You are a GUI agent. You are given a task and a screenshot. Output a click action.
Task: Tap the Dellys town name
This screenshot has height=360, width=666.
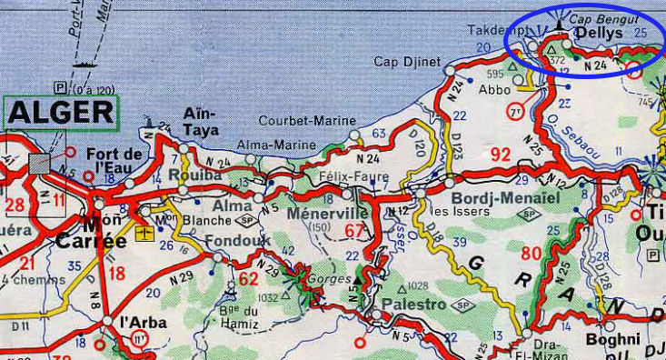pos(599,33)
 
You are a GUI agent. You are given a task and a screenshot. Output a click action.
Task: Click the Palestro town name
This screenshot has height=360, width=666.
pos(413,303)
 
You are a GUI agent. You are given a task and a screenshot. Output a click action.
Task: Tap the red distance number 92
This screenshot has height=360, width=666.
pos(501,155)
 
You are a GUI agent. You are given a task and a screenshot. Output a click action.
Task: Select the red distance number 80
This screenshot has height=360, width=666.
pos(532,253)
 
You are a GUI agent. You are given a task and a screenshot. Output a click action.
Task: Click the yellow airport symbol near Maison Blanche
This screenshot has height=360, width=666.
pos(142,234)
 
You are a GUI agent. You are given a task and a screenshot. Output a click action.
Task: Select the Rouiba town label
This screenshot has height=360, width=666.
pos(200,174)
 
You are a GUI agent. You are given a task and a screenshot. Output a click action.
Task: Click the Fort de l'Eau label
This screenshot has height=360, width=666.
pos(115,160)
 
